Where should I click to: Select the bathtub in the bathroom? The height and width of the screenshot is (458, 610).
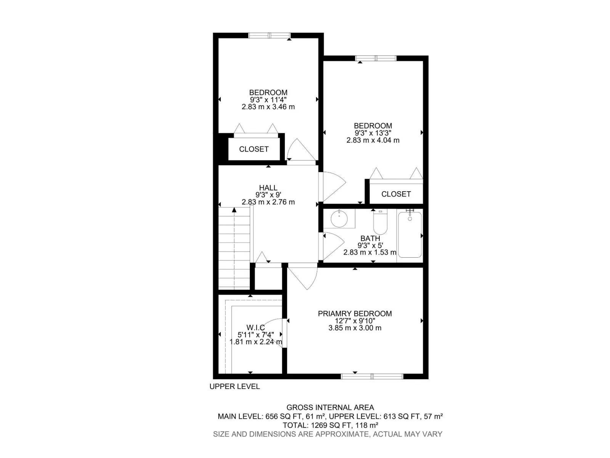[x=409, y=234]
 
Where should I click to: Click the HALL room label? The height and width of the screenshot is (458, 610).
[x=268, y=188]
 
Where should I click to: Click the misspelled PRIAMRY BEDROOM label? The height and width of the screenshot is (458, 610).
[x=355, y=313]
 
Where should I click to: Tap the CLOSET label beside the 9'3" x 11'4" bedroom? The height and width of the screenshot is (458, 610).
[x=254, y=149]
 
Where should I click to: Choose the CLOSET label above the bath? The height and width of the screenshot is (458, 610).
[x=396, y=194]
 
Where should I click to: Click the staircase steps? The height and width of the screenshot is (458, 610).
[x=234, y=248]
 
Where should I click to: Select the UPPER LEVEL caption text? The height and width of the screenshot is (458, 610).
[x=234, y=386]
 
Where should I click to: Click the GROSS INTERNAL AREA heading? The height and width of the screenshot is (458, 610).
[x=330, y=407]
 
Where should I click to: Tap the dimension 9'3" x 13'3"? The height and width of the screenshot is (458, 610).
[x=372, y=133]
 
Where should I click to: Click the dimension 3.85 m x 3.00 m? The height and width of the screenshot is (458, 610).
[x=355, y=328]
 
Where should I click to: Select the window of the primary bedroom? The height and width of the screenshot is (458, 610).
[x=372, y=376]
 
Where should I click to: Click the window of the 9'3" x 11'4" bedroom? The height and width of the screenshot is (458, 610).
[x=269, y=35]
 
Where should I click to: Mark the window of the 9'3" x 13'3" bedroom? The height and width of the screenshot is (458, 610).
[x=376, y=58]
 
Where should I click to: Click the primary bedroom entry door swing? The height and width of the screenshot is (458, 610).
[x=303, y=277]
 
